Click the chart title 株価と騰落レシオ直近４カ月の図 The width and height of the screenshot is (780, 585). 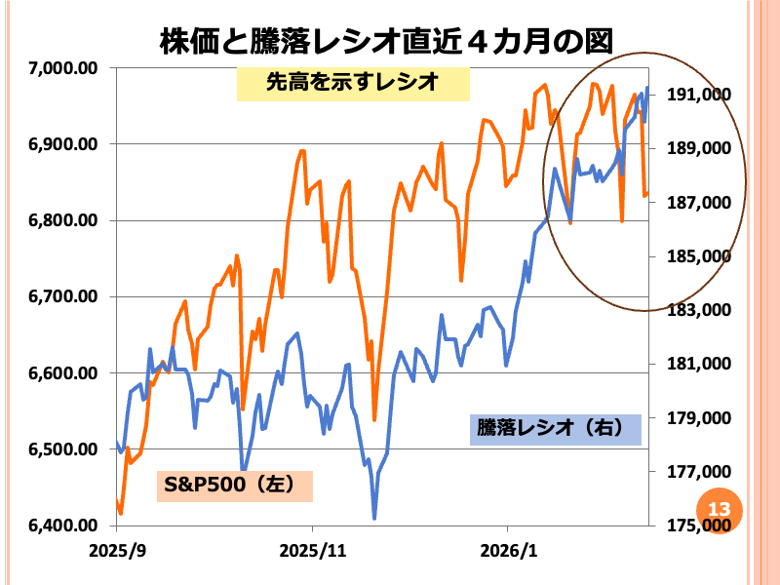click(387, 42)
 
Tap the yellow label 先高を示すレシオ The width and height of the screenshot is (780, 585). click(353, 84)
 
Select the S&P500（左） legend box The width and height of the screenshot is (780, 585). click(234, 485)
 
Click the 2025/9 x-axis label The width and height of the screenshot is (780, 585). click(117, 549)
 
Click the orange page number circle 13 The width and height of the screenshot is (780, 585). click(720, 509)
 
